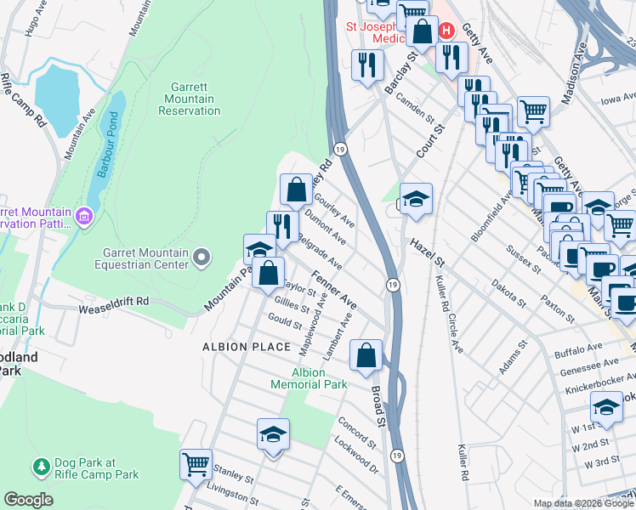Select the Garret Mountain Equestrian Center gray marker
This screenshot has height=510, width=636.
(202, 256)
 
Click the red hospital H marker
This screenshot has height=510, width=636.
(446, 31)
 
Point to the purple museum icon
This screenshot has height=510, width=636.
(83, 218)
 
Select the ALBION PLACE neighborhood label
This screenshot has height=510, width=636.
(236, 347)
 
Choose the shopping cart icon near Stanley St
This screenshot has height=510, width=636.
(196, 464)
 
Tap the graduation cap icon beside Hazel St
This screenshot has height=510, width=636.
(416, 199)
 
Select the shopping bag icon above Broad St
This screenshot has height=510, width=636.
(366, 354)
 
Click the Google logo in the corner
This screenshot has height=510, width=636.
(29, 500)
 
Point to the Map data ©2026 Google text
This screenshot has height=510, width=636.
(582, 503)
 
